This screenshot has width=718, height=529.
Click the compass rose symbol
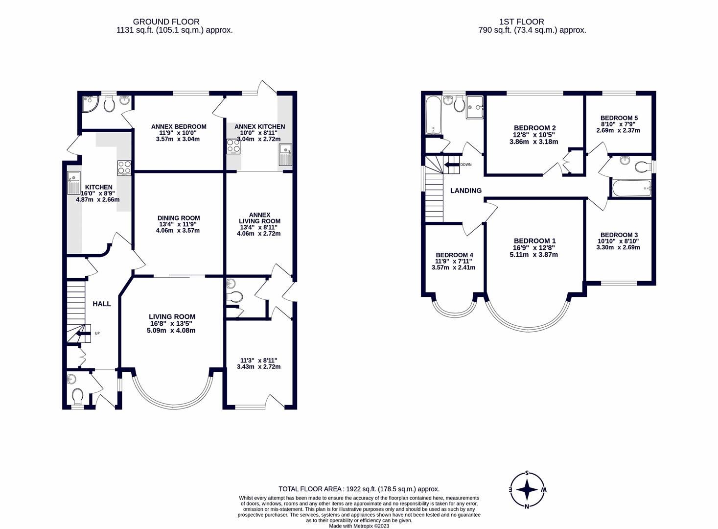527,489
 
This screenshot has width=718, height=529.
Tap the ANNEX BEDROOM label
179,126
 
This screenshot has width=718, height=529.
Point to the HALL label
102,304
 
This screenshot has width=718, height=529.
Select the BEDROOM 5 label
619,118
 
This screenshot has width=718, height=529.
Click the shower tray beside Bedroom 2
474,107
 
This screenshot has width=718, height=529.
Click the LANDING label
465,191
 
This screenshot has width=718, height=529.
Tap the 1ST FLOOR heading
521,22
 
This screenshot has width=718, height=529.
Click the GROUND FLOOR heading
166,22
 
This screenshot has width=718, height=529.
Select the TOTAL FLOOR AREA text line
359,489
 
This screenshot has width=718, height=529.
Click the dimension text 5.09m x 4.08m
172,331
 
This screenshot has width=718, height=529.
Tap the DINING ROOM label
179,218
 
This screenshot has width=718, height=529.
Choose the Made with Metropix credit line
359,526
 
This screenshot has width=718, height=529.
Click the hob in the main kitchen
124,168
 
